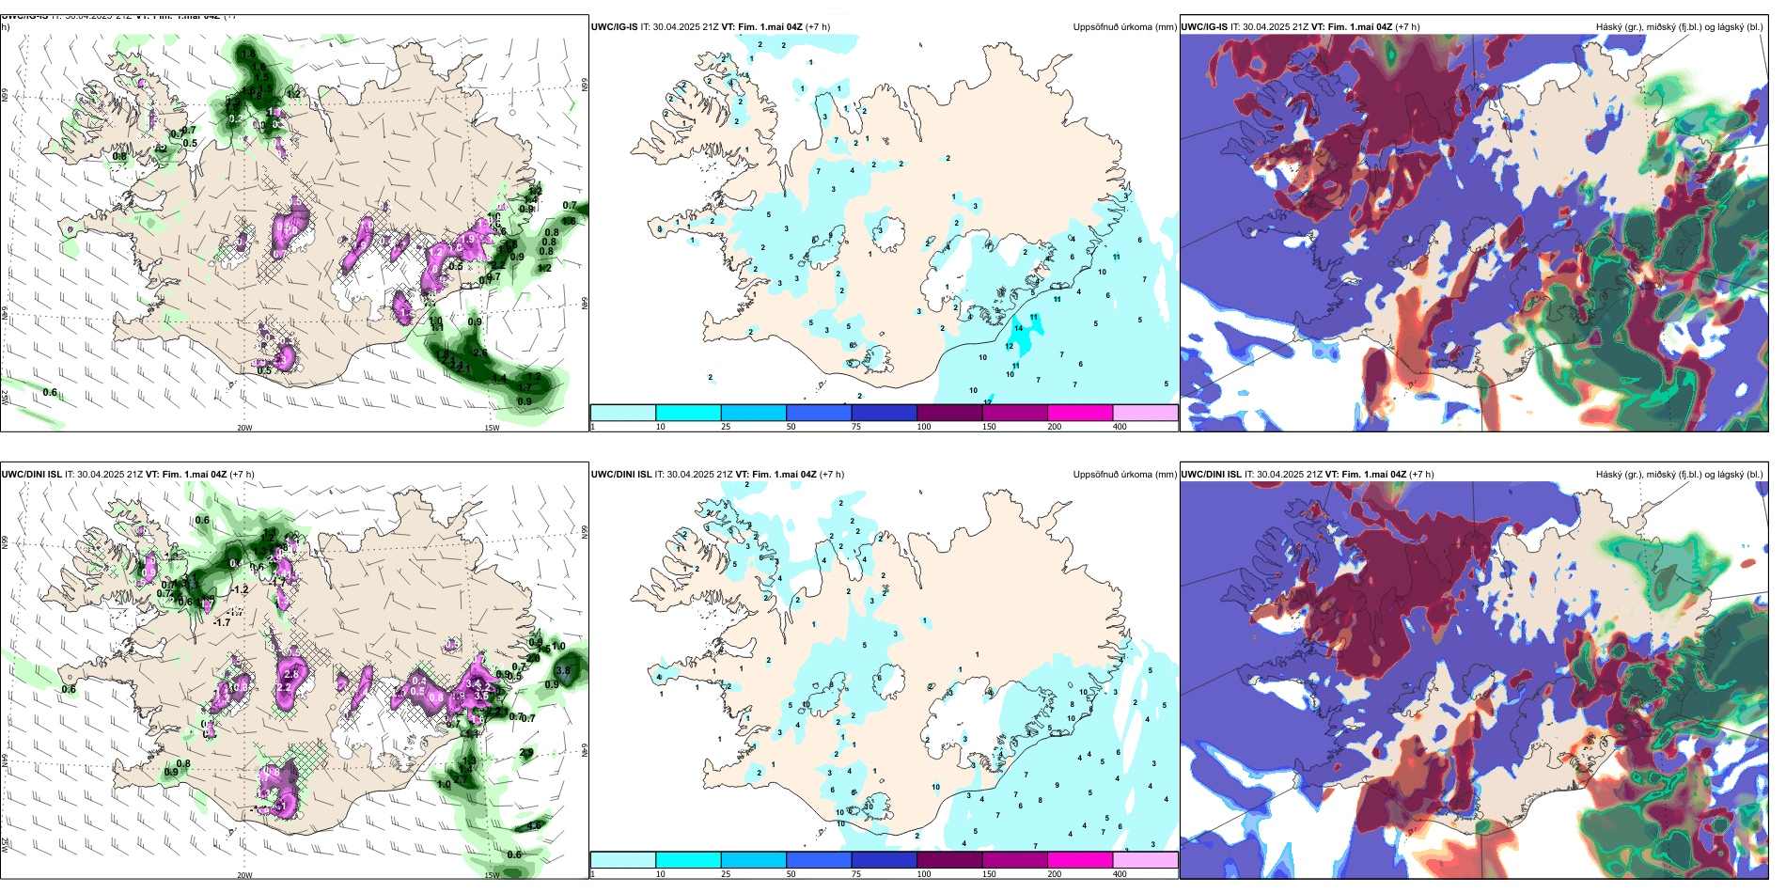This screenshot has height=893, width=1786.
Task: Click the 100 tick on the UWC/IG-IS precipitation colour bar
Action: pyautogui.click(x=924, y=427)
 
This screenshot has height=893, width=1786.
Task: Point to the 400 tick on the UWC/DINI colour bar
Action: pyautogui.click(x=1120, y=874)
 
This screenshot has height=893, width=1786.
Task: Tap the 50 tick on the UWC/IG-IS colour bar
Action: pyautogui.click(x=791, y=427)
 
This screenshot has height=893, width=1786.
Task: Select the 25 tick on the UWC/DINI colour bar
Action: pyautogui.click(x=726, y=874)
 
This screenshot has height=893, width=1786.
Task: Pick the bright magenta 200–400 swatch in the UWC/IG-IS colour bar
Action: pyautogui.click(x=1080, y=413)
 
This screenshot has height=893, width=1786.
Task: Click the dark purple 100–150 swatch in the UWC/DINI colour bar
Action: pyautogui.click(x=949, y=860)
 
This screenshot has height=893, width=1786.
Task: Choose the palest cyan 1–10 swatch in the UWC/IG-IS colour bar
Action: pyautogui.click(x=623, y=413)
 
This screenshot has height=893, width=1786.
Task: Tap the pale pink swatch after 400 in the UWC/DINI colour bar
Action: pyautogui.click(x=1145, y=860)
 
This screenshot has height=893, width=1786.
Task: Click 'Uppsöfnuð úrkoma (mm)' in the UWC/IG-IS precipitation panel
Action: pyautogui.click(x=1124, y=27)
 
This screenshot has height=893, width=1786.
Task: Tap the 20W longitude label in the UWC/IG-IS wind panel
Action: pyautogui.click(x=244, y=428)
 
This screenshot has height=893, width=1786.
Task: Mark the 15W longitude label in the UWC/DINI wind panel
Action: pyautogui.click(x=492, y=875)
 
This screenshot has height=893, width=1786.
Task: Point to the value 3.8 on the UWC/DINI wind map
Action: pyautogui.click(x=563, y=670)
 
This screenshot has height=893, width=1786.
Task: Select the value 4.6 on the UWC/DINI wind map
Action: pyautogui.click(x=534, y=825)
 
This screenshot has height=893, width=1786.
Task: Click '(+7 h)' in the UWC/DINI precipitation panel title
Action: pyautogui.click(x=832, y=475)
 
